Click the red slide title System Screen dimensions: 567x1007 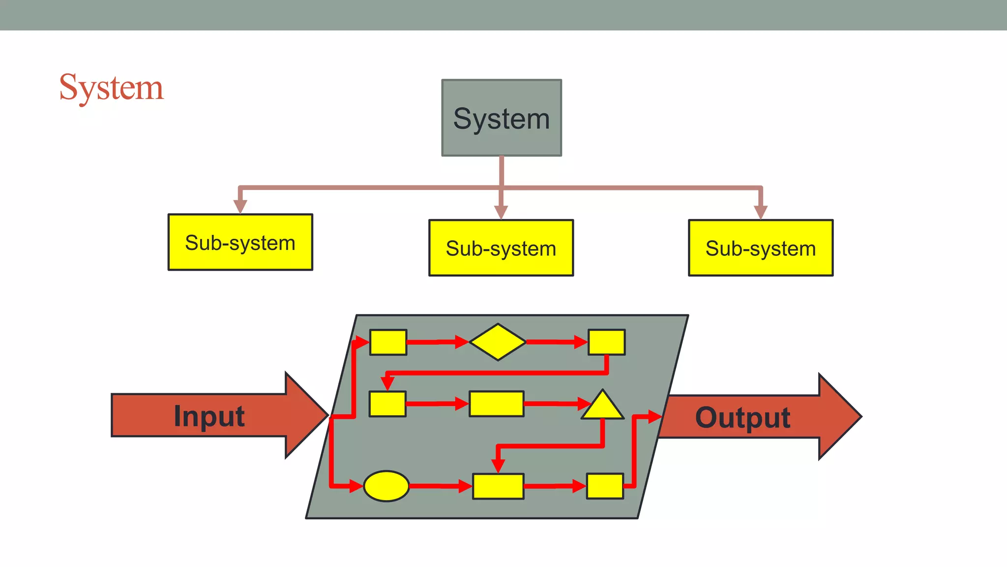click(x=111, y=88)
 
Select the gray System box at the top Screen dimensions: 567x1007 click(x=502, y=118)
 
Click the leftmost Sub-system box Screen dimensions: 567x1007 click(x=240, y=242)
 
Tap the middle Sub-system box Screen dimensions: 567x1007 click(x=501, y=248)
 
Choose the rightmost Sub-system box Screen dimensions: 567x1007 click(x=761, y=248)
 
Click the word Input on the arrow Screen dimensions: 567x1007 click(x=209, y=416)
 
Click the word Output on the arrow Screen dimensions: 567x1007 click(x=742, y=418)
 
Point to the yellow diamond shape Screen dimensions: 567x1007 click(x=498, y=342)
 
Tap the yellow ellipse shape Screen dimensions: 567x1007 click(x=386, y=486)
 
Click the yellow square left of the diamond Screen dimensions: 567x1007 click(x=388, y=342)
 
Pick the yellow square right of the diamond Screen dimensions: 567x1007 click(x=607, y=342)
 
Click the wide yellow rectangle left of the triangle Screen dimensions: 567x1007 click(x=496, y=404)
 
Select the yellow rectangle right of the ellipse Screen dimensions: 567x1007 click(x=498, y=486)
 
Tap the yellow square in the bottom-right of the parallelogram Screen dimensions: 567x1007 click(x=605, y=486)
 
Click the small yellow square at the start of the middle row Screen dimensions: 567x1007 click(x=387, y=404)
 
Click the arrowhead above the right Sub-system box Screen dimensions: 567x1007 click(x=761, y=212)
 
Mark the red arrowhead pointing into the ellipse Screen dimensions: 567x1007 click(x=356, y=486)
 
